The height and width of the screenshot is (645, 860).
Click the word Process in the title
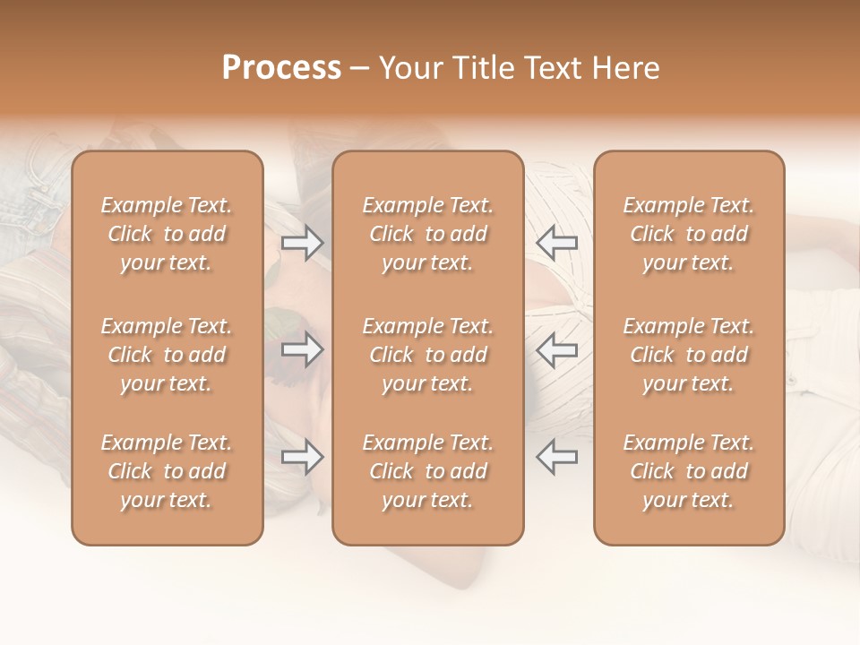pos(281,68)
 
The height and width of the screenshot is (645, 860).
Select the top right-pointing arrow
pos(303,243)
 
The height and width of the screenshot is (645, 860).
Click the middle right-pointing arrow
pos(303,349)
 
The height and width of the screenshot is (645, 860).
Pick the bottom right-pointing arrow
pos(303,457)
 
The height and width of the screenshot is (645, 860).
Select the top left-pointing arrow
pos(557,243)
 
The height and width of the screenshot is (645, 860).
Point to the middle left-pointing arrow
pos(557,349)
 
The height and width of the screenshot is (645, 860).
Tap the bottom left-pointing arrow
pos(557,457)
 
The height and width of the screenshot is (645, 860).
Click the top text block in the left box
pos(167,234)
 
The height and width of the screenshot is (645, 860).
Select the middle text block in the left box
pos(167,355)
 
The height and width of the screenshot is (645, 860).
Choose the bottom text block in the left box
pos(167,471)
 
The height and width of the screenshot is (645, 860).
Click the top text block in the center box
pos(428,234)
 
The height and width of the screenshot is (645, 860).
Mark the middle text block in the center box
pos(428,355)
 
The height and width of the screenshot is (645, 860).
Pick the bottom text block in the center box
pos(428,471)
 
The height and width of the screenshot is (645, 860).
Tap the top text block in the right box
pos(689,234)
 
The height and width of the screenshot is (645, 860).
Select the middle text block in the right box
pos(689,355)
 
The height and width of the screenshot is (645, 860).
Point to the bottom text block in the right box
pos(689,471)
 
